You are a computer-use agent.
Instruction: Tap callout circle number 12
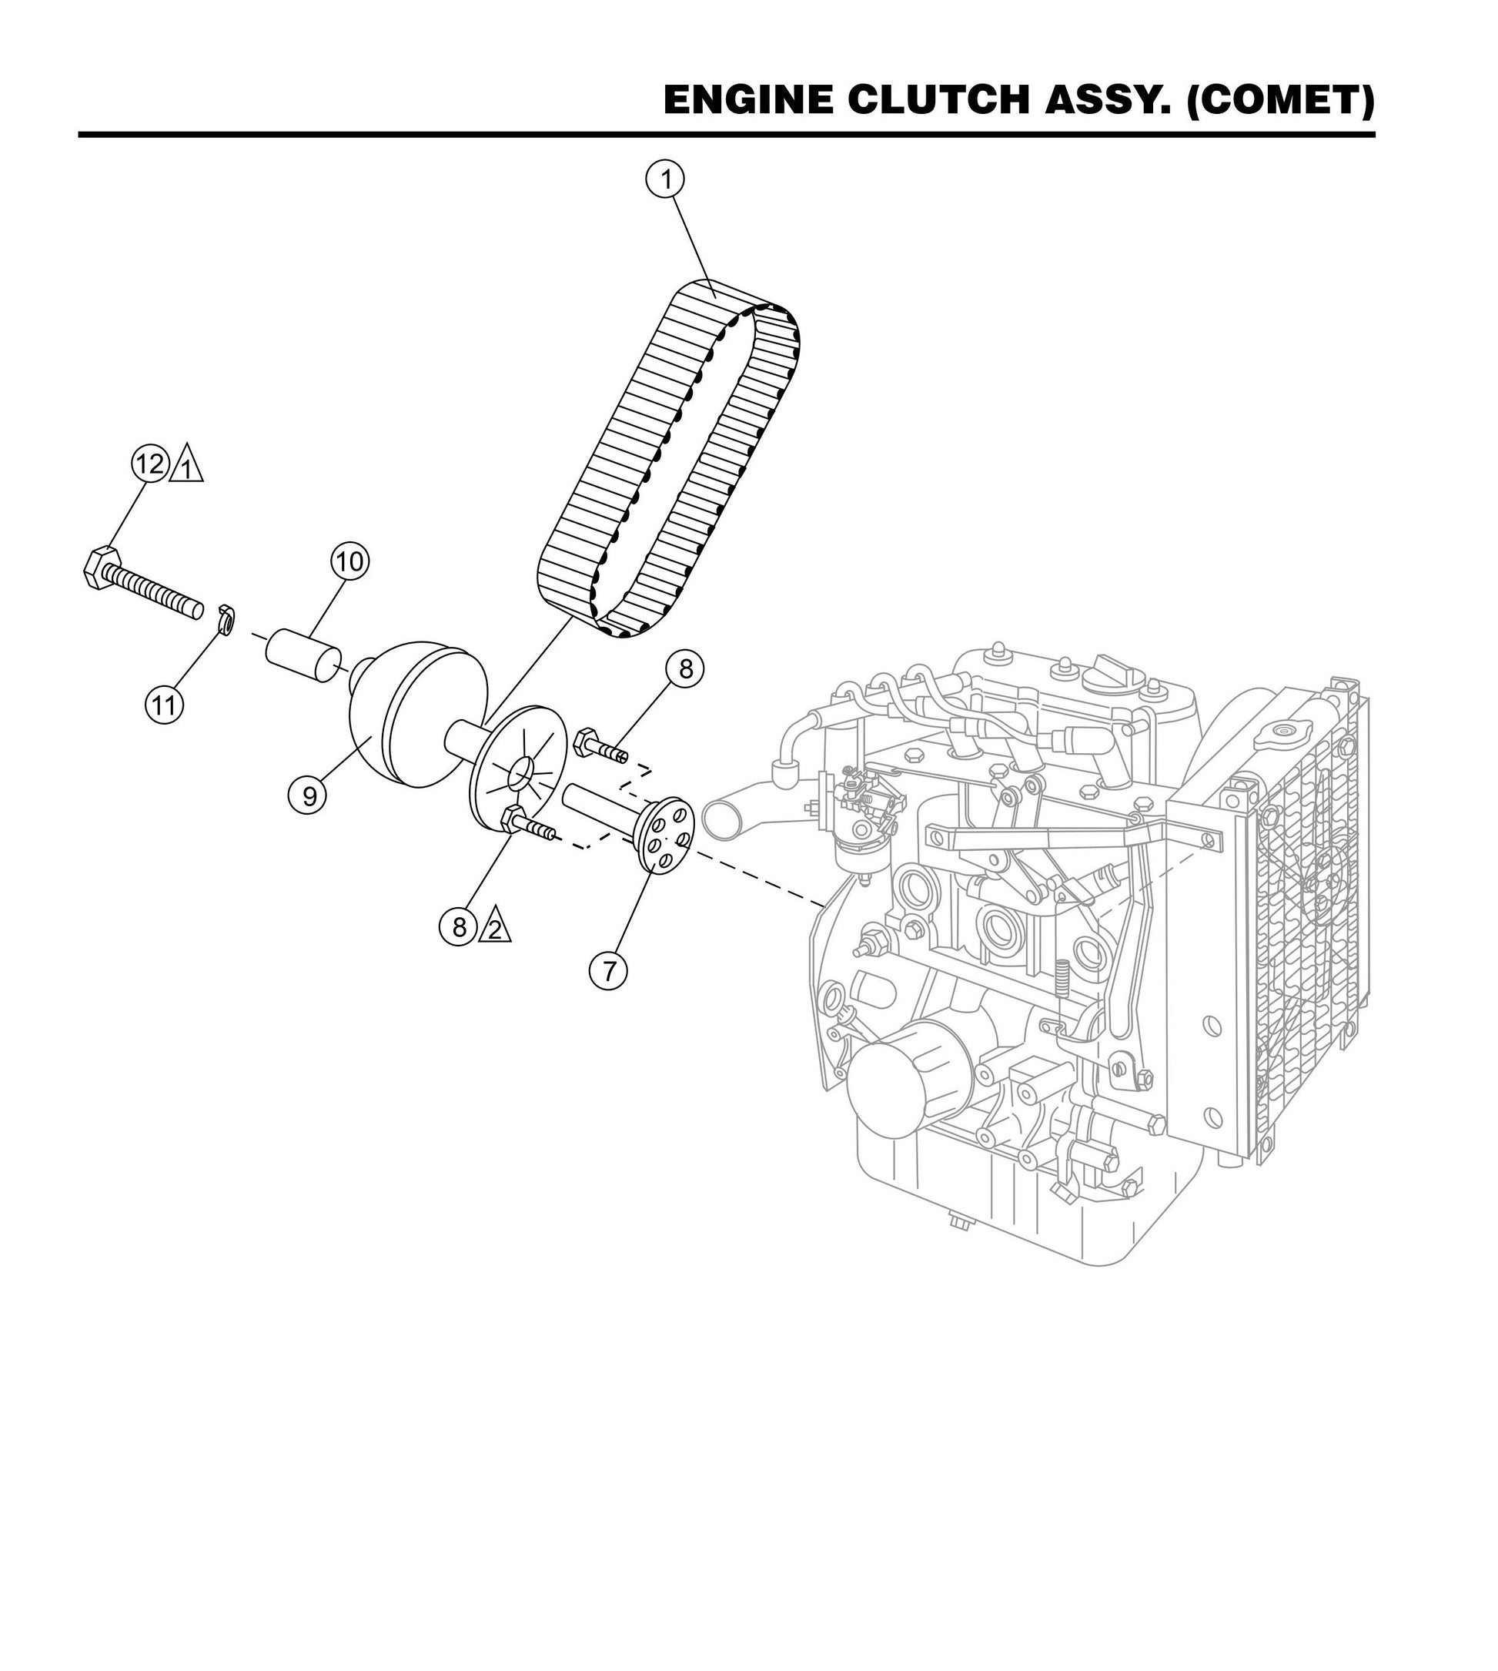point(151,464)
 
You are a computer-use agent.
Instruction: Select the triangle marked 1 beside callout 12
point(188,466)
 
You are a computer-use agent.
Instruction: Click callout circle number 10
point(349,561)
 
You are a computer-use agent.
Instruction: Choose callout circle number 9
point(309,795)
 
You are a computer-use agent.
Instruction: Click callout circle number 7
point(608,971)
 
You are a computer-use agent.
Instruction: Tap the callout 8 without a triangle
point(685,669)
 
